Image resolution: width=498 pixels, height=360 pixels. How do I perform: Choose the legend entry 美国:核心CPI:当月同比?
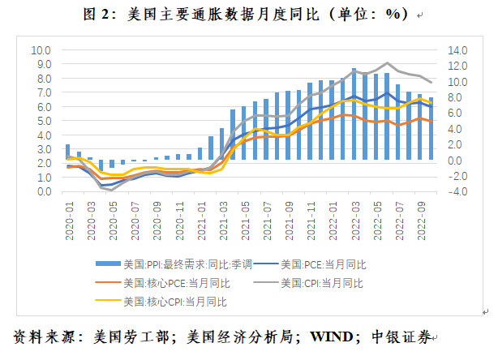(x=174, y=301)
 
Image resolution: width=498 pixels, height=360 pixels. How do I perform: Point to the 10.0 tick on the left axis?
(x=41, y=49)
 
